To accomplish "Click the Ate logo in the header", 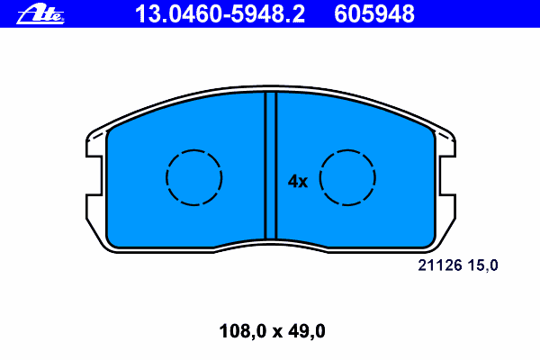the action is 40,13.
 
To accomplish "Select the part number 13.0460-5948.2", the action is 220,14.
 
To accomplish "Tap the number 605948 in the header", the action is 374,14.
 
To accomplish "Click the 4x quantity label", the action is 298,181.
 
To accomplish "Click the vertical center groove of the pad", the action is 271,166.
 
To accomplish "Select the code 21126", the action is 439,265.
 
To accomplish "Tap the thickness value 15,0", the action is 482,265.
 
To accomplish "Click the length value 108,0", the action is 243,331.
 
